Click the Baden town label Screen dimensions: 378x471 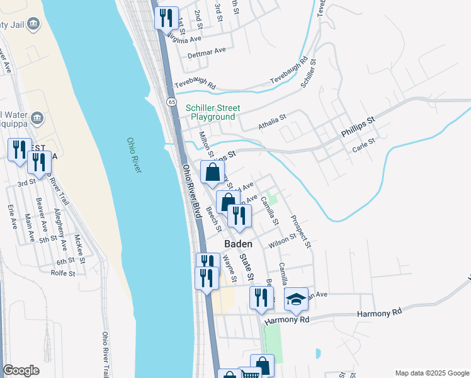[x=239, y=244]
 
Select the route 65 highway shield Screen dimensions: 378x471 [x=171, y=102]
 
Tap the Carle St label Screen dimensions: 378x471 [x=364, y=147]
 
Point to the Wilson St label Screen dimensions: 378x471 [x=282, y=240]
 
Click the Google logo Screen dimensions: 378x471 [x=21, y=370]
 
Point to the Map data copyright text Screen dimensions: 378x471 [x=431, y=373]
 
